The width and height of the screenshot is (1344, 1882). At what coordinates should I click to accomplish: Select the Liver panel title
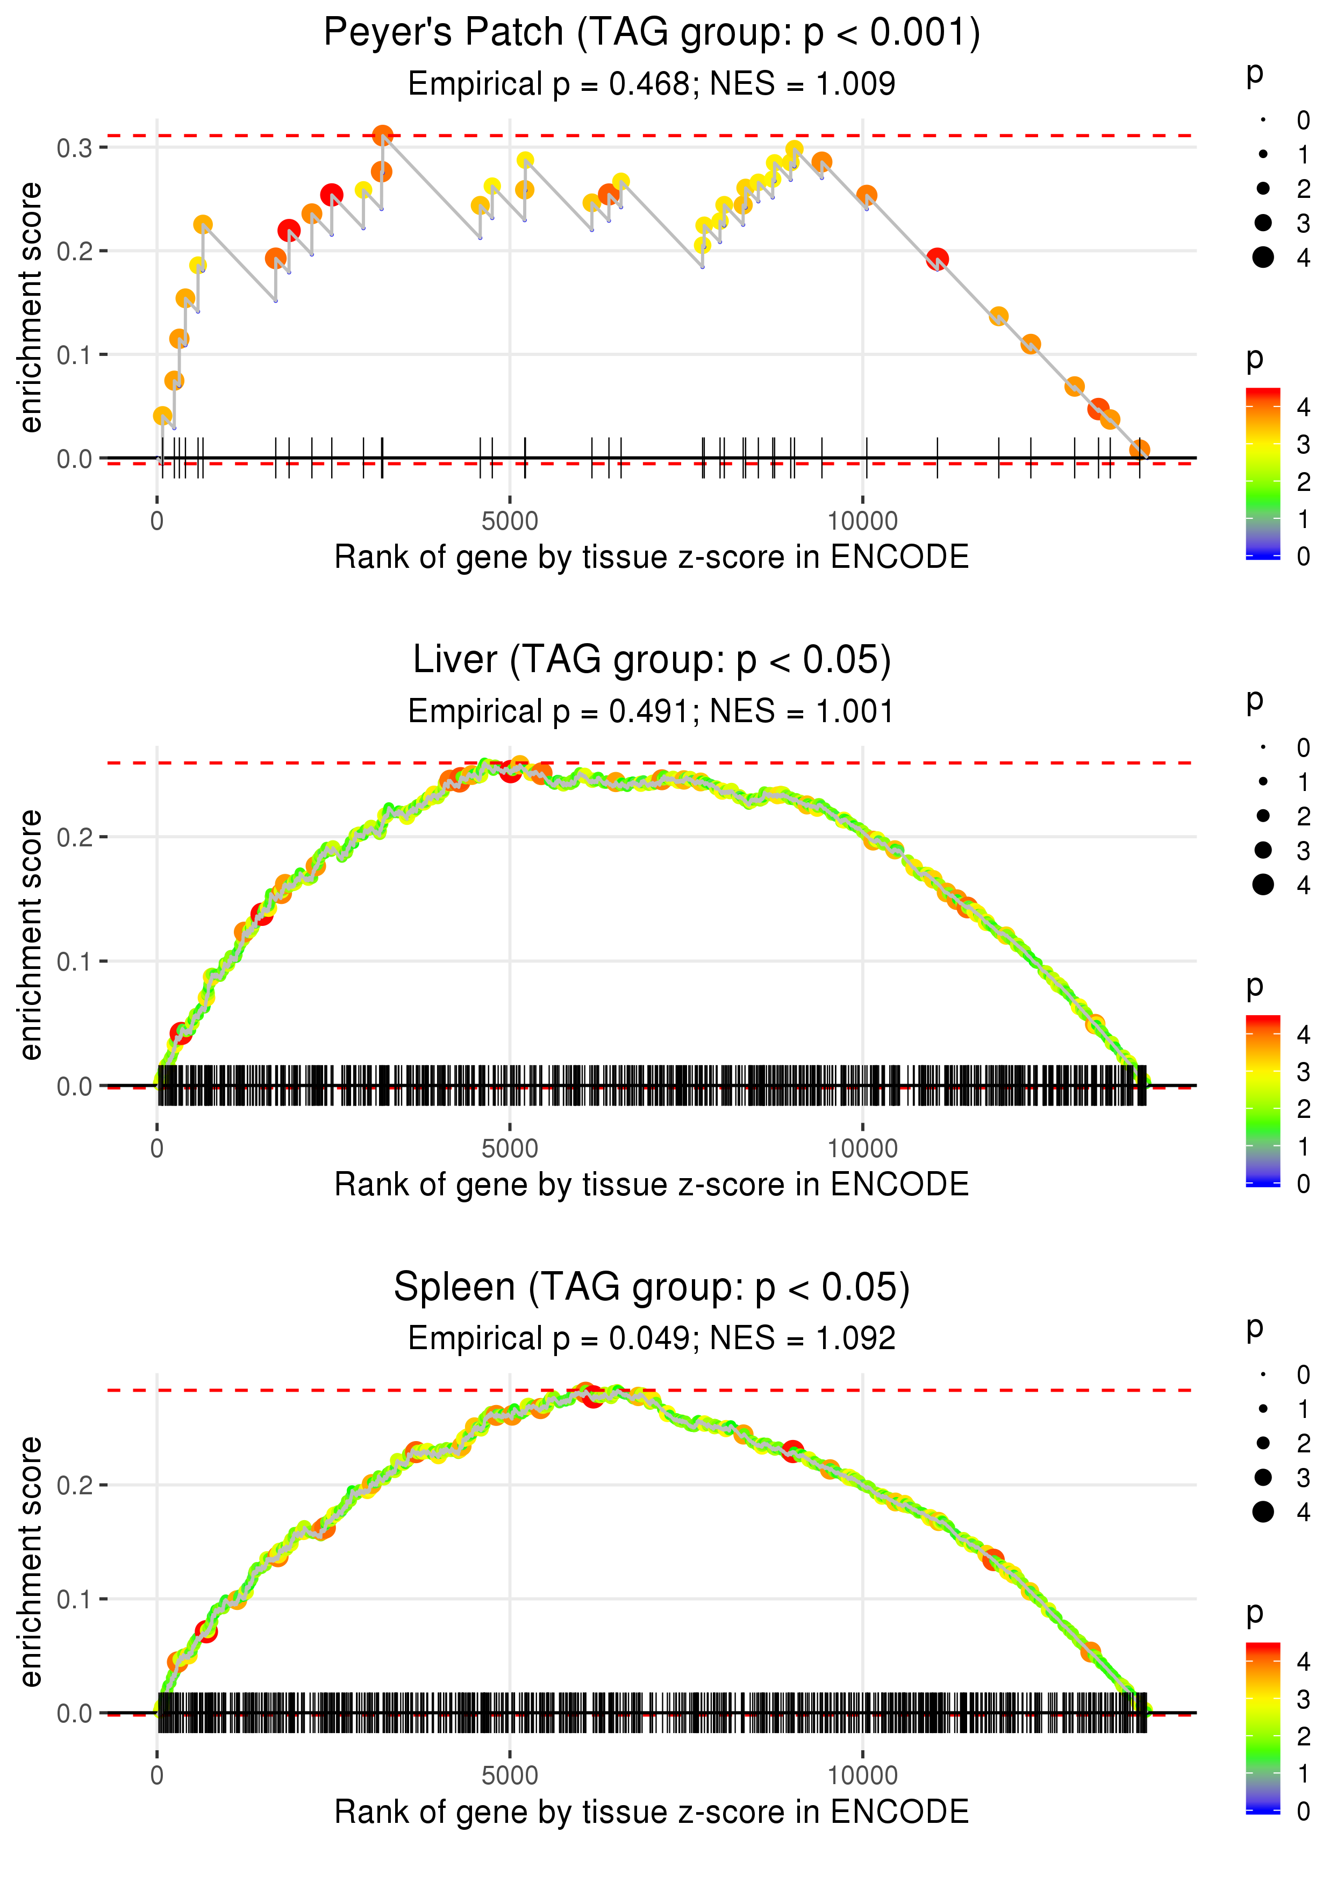pos(652,660)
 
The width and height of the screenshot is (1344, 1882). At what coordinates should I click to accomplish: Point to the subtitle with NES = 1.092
pos(652,1339)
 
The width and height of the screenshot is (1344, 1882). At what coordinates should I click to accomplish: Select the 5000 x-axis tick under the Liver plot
pos(509,1149)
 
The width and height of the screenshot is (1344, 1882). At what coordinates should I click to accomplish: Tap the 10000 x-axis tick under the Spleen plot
pos(862,1776)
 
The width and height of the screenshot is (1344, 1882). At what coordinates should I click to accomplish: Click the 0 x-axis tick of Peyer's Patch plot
pos(157,522)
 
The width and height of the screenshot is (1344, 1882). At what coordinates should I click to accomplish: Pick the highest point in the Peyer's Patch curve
pos(382,136)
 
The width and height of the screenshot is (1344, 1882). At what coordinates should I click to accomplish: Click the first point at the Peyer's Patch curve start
pos(163,416)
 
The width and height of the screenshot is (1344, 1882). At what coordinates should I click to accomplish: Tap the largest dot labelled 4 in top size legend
pos(1263,258)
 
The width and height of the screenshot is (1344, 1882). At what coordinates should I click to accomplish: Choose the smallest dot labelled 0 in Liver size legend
pos(1263,747)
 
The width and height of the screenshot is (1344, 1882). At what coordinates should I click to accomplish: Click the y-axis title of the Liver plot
pos(31,935)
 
